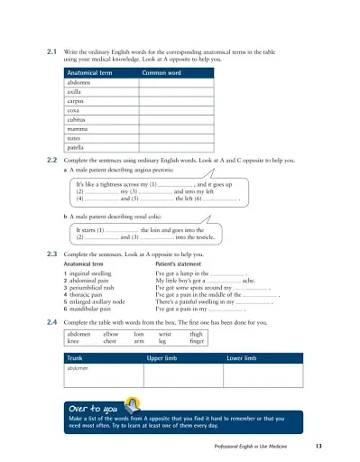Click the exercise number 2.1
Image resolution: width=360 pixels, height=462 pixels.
click(x=51, y=53)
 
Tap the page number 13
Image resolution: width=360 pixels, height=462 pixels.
click(x=319, y=448)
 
